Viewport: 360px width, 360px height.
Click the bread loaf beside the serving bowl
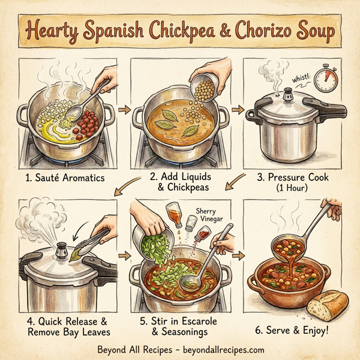[327, 304]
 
